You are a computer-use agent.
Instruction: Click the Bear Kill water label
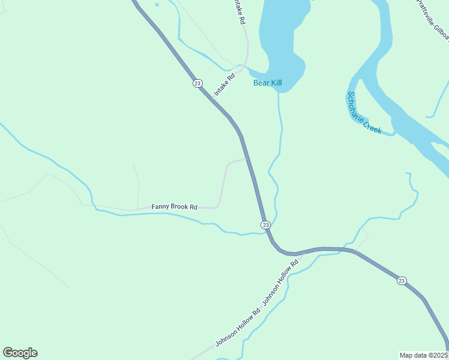tap(267, 83)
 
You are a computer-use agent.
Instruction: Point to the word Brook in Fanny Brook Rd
tap(180, 207)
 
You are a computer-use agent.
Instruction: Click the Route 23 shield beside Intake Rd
tap(197, 83)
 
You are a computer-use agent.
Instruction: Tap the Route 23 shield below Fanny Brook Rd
tap(265, 224)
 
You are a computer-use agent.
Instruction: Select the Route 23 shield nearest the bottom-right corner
tap(402, 281)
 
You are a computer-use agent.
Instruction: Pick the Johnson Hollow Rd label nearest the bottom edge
tap(238, 328)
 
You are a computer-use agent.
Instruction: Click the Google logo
tap(20, 353)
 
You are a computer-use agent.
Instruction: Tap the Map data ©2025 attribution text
tap(424, 355)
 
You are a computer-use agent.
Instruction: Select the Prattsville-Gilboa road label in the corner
tap(433, 19)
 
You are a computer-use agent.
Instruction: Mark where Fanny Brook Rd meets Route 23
tap(246, 159)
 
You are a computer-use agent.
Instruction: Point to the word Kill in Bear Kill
tap(276, 83)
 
